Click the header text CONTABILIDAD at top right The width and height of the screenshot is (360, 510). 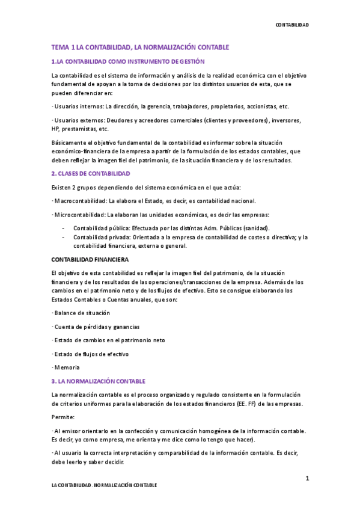(291, 25)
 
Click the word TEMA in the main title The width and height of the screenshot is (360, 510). (60, 47)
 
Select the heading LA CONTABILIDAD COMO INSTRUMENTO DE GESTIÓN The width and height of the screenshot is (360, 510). (130, 61)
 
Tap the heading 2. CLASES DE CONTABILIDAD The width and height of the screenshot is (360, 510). (90, 173)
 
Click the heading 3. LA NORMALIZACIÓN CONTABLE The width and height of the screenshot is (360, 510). (99, 381)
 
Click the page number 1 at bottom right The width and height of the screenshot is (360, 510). (307, 479)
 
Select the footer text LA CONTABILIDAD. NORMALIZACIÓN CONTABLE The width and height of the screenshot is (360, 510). (104, 485)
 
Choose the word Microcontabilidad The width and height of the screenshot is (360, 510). (76, 214)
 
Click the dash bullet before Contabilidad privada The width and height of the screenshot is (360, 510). (63, 237)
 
